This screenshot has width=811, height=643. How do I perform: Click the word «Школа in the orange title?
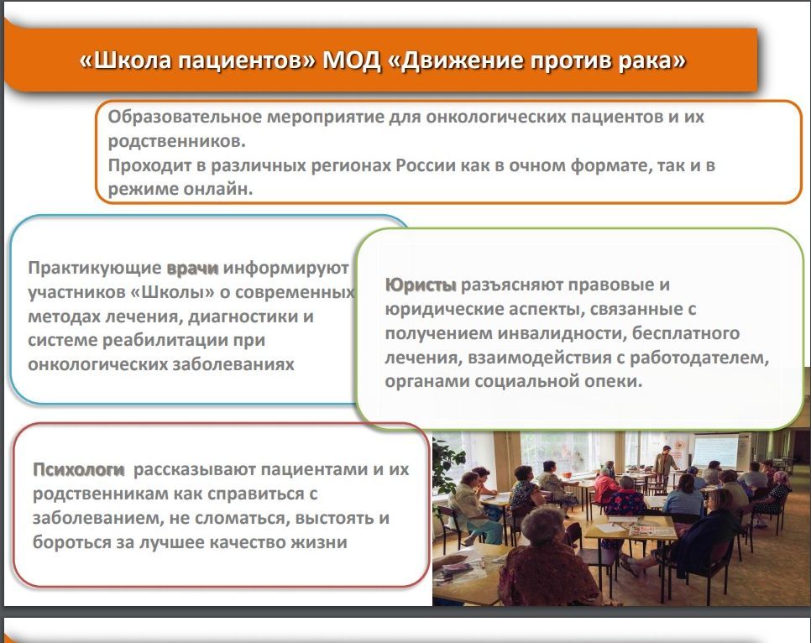tap(125, 60)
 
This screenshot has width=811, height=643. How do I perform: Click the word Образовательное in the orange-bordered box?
tap(185, 117)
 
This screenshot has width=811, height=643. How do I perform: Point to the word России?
tap(422, 165)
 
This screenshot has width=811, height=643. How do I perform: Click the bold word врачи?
tap(192, 269)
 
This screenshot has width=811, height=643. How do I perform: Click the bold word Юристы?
tap(421, 285)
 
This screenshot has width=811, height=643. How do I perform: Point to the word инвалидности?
tap(561, 333)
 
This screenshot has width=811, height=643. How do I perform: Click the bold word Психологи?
tap(79, 470)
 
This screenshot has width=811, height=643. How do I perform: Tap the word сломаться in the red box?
tap(238, 518)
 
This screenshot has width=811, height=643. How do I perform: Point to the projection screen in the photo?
tap(715, 451)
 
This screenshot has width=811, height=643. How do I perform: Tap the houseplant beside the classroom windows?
tap(448, 466)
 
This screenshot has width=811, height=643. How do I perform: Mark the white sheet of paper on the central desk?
tap(610, 527)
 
